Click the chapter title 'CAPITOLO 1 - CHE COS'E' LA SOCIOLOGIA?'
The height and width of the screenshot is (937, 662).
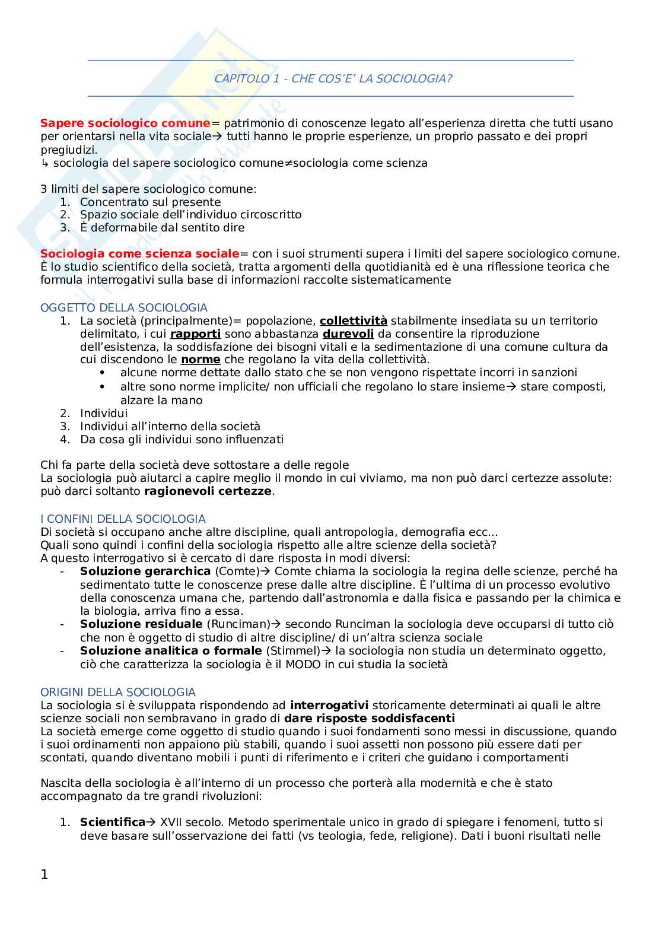[333, 78]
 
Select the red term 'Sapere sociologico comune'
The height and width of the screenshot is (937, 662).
[125, 123]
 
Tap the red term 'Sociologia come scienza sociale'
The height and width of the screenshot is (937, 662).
[139, 254]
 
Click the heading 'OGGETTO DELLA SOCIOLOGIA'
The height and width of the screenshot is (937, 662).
[124, 307]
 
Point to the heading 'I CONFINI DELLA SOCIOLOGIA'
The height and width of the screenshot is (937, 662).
[123, 519]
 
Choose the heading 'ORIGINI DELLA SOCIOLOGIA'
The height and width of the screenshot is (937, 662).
[118, 692]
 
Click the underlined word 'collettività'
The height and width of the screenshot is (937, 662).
[353, 321]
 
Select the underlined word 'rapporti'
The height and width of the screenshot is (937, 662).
[195, 334]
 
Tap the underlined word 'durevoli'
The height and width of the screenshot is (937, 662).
[348, 334]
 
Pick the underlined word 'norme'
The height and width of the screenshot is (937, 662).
[200, 360]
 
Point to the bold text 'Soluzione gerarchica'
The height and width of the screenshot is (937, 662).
[145, 571]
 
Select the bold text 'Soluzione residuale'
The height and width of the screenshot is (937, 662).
[141, 624]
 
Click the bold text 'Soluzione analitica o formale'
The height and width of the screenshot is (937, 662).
[171, 651]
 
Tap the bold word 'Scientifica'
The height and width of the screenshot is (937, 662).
[113, 822]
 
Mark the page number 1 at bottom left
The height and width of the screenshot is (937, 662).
[44, 874]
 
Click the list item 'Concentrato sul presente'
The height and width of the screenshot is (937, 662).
[150, 202]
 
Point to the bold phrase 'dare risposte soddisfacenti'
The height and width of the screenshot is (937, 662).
[370, 719]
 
